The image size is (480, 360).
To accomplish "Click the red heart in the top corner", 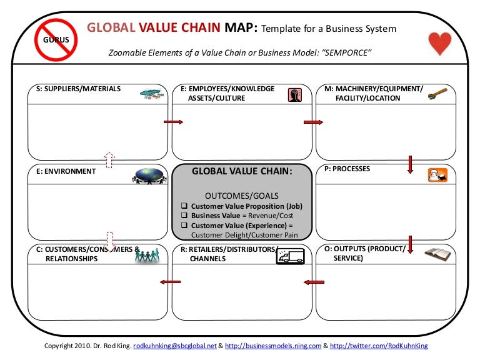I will coord(440,44).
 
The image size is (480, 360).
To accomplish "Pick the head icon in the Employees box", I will coord(294,94).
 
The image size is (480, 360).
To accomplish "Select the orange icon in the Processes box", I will coord(437,175).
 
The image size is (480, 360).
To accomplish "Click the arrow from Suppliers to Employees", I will coord(172,122).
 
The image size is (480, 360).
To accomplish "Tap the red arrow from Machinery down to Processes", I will coord(411,164).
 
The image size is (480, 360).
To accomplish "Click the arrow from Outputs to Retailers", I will coord(311,282).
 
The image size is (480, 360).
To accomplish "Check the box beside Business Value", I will coord(184,216).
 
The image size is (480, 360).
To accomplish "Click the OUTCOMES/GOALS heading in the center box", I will coord(241,195).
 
